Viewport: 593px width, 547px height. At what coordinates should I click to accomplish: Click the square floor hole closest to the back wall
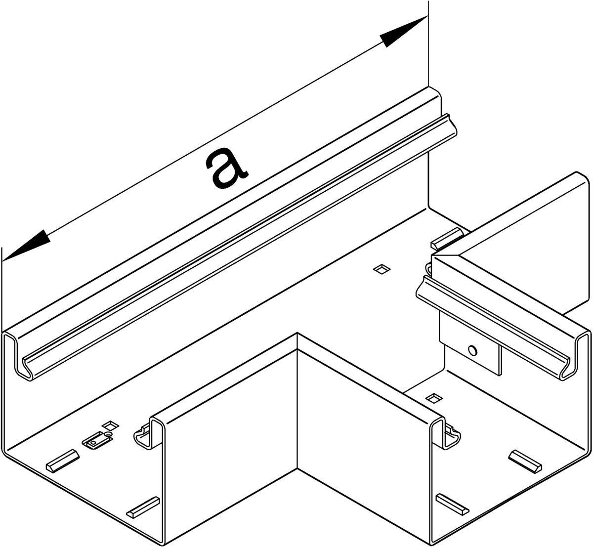click(382, 269)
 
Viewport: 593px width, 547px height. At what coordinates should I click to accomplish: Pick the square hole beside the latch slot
click(111, 425)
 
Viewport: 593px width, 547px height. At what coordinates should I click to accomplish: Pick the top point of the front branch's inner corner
click(297, 333)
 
